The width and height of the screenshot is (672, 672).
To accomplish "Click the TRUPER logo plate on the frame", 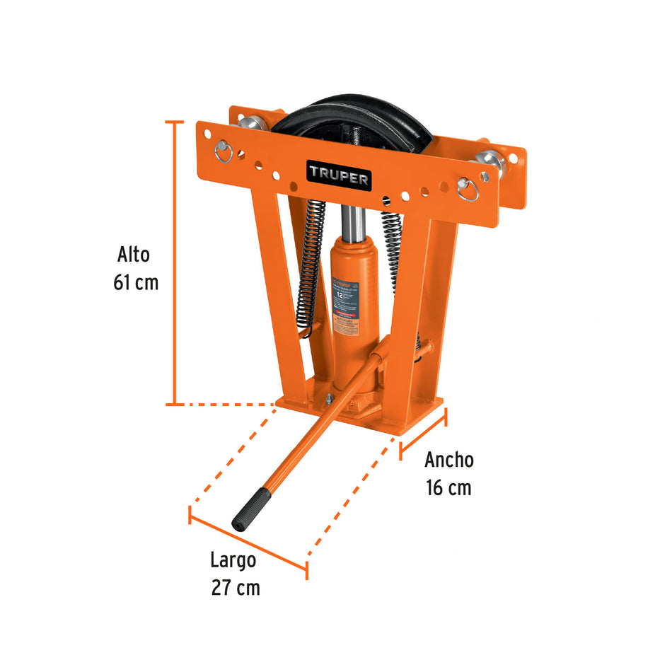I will (338, 174).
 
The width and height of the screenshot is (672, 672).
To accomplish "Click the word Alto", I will (134, 255).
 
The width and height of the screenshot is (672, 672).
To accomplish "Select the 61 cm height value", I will (135, 283).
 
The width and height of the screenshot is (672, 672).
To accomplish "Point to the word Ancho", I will (448, 460).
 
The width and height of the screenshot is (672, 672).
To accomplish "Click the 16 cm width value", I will (448, 488).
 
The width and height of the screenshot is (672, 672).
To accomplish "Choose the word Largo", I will (233, 560).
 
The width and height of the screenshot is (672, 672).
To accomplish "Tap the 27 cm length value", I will (235, 588).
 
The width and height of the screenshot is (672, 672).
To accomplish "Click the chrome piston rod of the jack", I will (354, 223).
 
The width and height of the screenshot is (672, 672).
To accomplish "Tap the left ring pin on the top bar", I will (224, 150).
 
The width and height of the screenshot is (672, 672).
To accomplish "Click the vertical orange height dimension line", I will (175, 262).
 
